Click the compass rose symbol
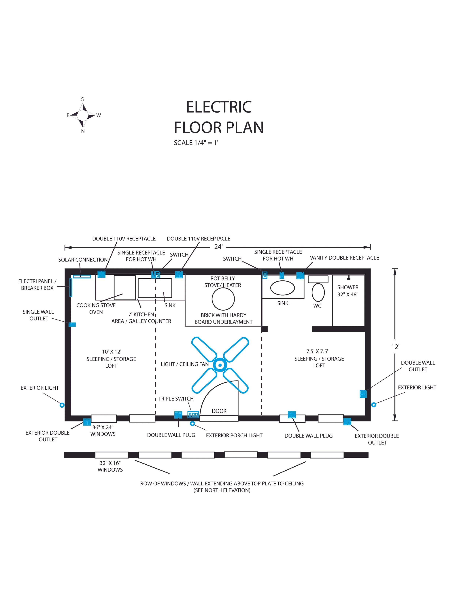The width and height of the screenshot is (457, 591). point(83,115)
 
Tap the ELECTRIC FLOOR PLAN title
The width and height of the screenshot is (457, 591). point(219,117)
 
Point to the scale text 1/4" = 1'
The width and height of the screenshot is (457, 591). point(196,143)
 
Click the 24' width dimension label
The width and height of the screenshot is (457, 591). point(218,247)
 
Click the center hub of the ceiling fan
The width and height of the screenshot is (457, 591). point(220,365)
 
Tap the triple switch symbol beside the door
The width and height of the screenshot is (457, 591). point(193,415)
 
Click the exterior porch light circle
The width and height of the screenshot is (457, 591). point(192,423)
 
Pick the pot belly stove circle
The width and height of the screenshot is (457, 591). point(223,299)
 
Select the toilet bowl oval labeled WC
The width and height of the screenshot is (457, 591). point(318,292)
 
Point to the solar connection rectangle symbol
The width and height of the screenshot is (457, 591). point(82,276)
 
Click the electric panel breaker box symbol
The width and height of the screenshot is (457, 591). point(71,287)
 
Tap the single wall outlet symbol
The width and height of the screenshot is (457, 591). point(72,324)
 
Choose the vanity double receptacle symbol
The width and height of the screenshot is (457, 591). point(300,276)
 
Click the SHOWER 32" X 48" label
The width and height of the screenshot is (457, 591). point(348,291)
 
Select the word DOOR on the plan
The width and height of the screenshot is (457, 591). point(219,411)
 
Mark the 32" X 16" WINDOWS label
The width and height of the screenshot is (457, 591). point(110,466)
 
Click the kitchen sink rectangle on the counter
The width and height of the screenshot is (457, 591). point(155,288)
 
